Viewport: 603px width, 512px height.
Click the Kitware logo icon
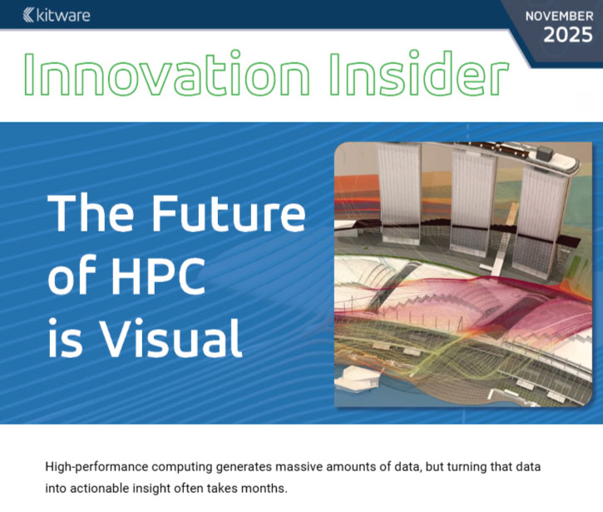click(x=29, y=14)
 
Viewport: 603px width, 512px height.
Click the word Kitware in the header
click(x=63, y=14)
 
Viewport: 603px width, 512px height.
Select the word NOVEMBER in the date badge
click(x=559, y=15)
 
